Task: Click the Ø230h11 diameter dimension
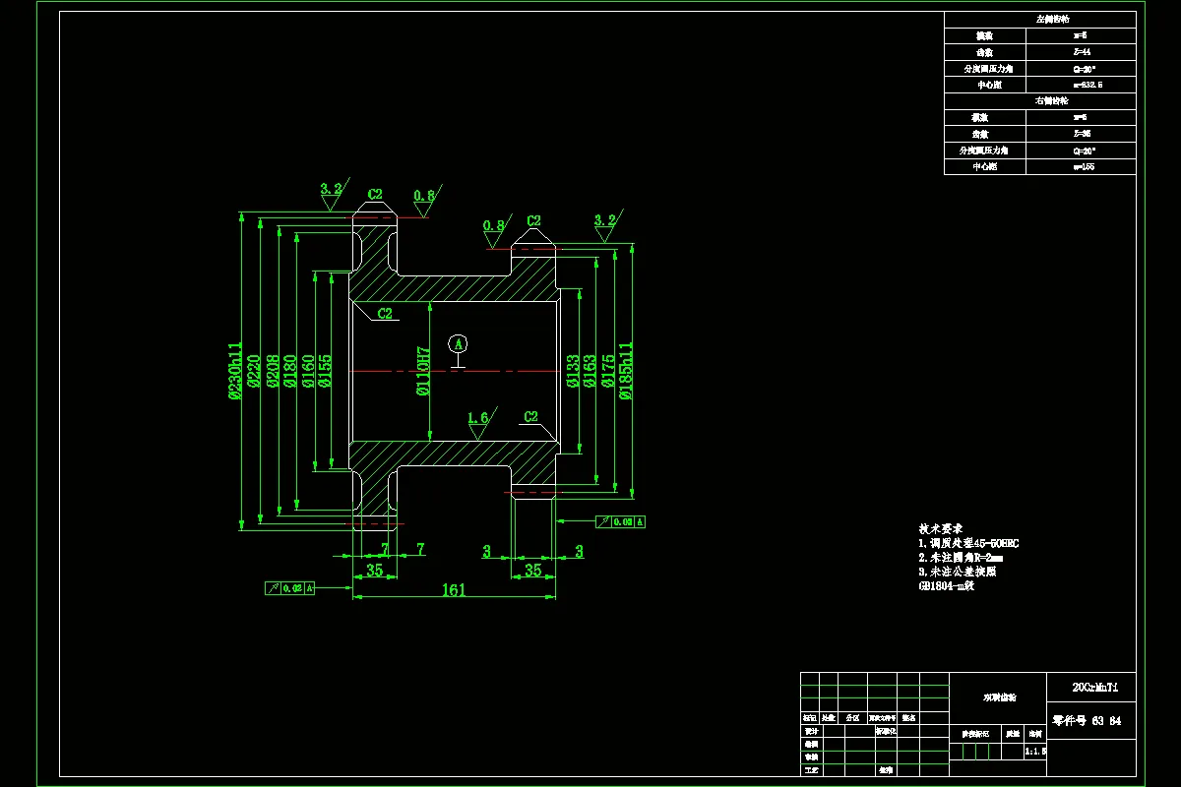[235, 371]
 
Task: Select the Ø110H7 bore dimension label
[423, 371]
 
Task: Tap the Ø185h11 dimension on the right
[625, 370]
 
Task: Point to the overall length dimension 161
[454, 590]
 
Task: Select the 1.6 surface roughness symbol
[478, 419]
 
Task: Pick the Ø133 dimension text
[572, 371]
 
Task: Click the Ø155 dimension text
[325, 371]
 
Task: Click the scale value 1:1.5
[1034, 751]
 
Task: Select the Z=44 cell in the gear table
[1081, 52]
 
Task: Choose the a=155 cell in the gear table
[1081, 166]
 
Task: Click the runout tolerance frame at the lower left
[290, 588]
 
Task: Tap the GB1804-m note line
[946, 586]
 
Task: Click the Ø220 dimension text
[254, 371]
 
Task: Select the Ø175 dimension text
[607, 371]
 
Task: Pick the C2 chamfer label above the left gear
[375, 195]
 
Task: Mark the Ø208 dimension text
[272, 371]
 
